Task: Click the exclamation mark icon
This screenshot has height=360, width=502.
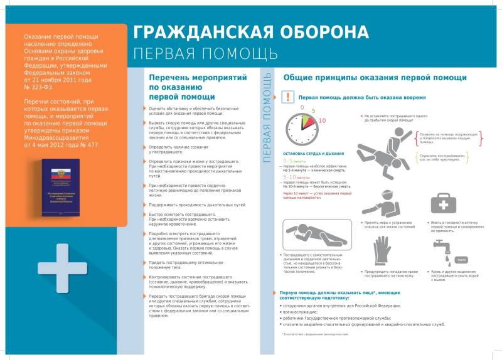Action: tap(287, 97)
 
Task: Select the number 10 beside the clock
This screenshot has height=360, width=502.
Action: tap(323, 120)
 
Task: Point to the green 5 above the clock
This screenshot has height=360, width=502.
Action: tap(312, 110)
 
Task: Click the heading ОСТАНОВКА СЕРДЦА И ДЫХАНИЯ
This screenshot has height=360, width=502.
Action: tap(313, 153)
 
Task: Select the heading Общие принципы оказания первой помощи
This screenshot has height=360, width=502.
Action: tap(375, 78)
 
